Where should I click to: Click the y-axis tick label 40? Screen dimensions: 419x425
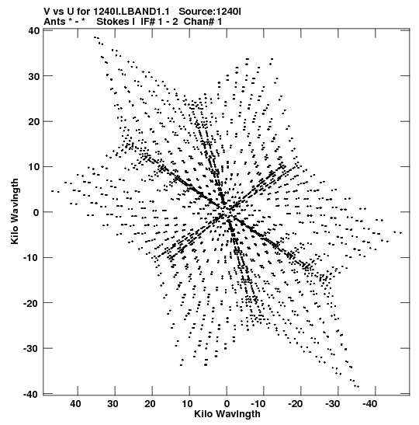(34, 30)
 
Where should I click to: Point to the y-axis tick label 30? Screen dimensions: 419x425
(34, 76)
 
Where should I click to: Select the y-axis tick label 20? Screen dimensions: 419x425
(34, 122)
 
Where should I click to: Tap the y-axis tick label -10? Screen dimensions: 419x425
(31, 257)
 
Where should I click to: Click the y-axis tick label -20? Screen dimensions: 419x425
(31, 303)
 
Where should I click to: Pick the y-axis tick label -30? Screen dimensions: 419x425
(31, 349)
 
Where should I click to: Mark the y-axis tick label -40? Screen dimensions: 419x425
(31, 394)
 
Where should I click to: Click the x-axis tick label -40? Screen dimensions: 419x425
(370, 404)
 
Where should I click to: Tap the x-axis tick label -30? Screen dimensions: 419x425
(332, 404)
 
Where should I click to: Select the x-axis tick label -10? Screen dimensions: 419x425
(258, 404)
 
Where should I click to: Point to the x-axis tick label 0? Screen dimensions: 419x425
(227, 404)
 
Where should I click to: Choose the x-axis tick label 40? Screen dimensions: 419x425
(75, 404)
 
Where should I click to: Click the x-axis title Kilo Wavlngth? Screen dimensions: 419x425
(227, 414)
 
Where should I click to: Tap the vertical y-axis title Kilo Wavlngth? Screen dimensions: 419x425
(15, 211)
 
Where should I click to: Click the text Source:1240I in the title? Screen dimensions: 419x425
(209, 12)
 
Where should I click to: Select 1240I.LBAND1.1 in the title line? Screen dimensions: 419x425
(131, 12)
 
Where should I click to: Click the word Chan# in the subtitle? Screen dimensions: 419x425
(199, 22)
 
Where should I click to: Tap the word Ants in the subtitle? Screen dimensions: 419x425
(54, 22)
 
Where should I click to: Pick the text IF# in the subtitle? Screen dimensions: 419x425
(147, 22)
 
